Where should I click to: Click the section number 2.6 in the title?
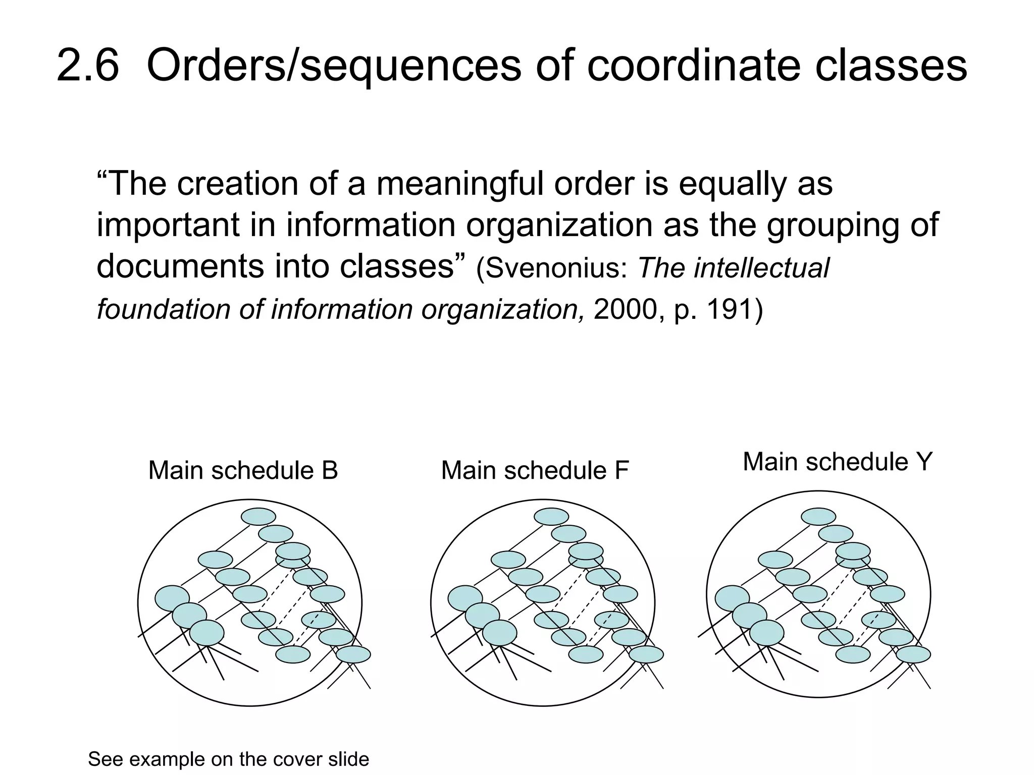coord(87,66)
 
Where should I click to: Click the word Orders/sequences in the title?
coord(333,66)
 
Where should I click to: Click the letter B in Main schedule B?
coord(329,471)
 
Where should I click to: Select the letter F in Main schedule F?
coord(622,471)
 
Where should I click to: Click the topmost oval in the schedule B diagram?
coord(258,517)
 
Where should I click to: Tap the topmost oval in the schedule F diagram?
coord(551,517)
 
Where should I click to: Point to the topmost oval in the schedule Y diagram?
coord(818,517)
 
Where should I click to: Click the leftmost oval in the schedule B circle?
coord(172,598)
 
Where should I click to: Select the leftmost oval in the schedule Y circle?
coord(732,598)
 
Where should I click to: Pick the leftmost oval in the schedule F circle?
coord(465,598)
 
